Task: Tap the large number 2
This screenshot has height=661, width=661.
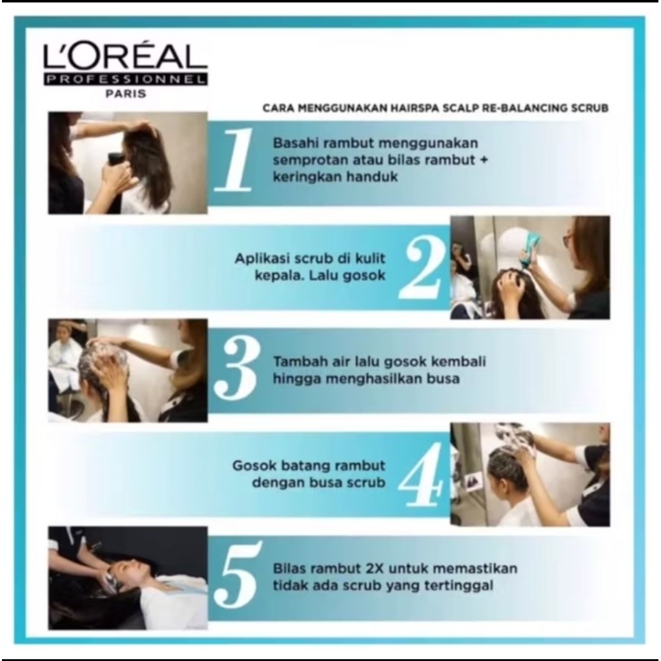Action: pyautogui.click(x=422, y=267)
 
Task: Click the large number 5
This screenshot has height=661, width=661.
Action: pyautogui.click(x=237, y=574)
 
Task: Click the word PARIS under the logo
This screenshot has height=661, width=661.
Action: pyautogui.click(x=126, y=93)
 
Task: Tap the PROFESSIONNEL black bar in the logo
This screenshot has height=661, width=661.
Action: pyautogui.click(x=125, y=79)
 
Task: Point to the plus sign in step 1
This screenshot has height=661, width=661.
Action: pyautogui.click(x=483, y=160)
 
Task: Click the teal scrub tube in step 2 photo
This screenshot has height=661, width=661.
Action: pyautogui.click(x=527, y=253)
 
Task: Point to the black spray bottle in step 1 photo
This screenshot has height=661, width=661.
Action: pyautogui.click(x=116, y=165)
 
